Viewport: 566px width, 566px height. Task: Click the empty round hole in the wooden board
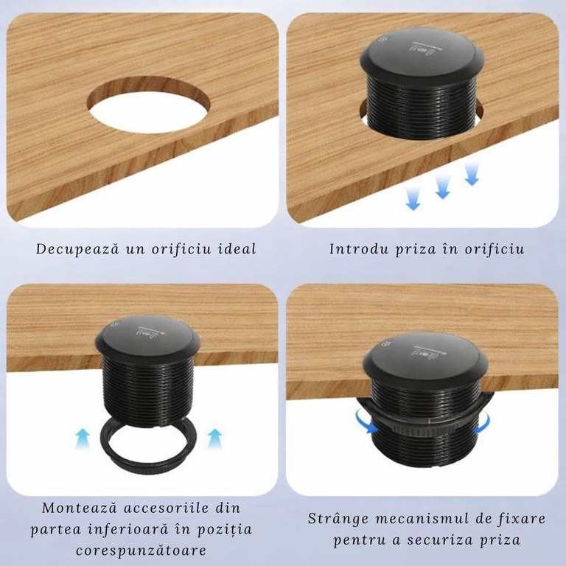point(148,105)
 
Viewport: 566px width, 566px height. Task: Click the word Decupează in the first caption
point(77,249)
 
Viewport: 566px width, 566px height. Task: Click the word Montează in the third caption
point(80,508)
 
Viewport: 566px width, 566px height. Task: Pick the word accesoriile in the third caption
point(166,508)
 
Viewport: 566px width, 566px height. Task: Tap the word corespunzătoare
point(141,551)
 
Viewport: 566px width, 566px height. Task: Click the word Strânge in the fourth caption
point(339,519)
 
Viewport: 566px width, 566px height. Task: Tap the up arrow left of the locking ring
point(83,439)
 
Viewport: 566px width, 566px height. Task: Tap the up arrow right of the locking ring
point(214,439)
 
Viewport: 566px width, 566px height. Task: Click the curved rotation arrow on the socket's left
point(365,421)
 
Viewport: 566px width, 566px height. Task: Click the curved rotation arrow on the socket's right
point(483,423)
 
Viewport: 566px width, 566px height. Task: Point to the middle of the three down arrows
point(442,188)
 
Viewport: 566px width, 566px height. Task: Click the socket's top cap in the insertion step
point(422,56)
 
